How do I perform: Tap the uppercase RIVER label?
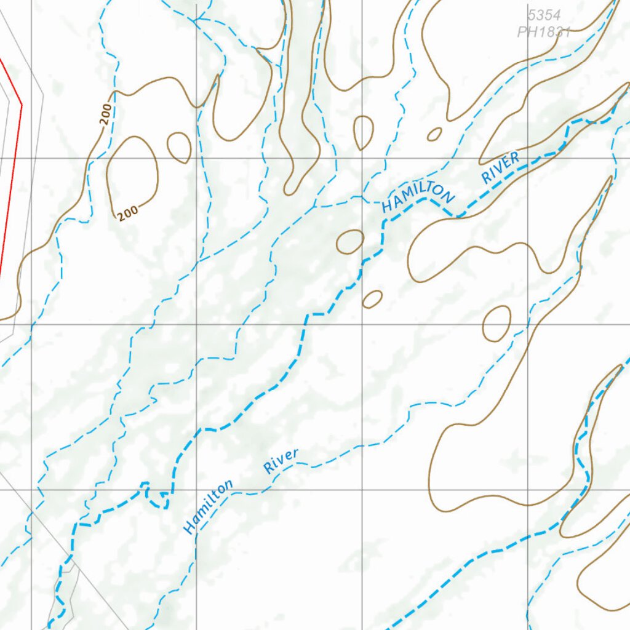pos(500,168)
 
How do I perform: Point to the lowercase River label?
pos(281,461)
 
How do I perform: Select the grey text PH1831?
pos(544,32)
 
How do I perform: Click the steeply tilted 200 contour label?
pos(106,114)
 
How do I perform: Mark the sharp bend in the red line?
pos(22,105)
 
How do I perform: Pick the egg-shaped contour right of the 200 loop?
pos(179,148)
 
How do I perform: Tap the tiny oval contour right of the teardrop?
pos(434,134)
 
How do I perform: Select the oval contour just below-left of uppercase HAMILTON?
pos(350,241)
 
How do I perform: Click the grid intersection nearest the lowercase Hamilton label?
pos(196,490)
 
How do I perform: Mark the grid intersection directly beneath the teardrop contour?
pos(362,159)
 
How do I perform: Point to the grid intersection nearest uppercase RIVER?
pos(527,159)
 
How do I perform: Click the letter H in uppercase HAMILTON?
pos(387,207)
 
